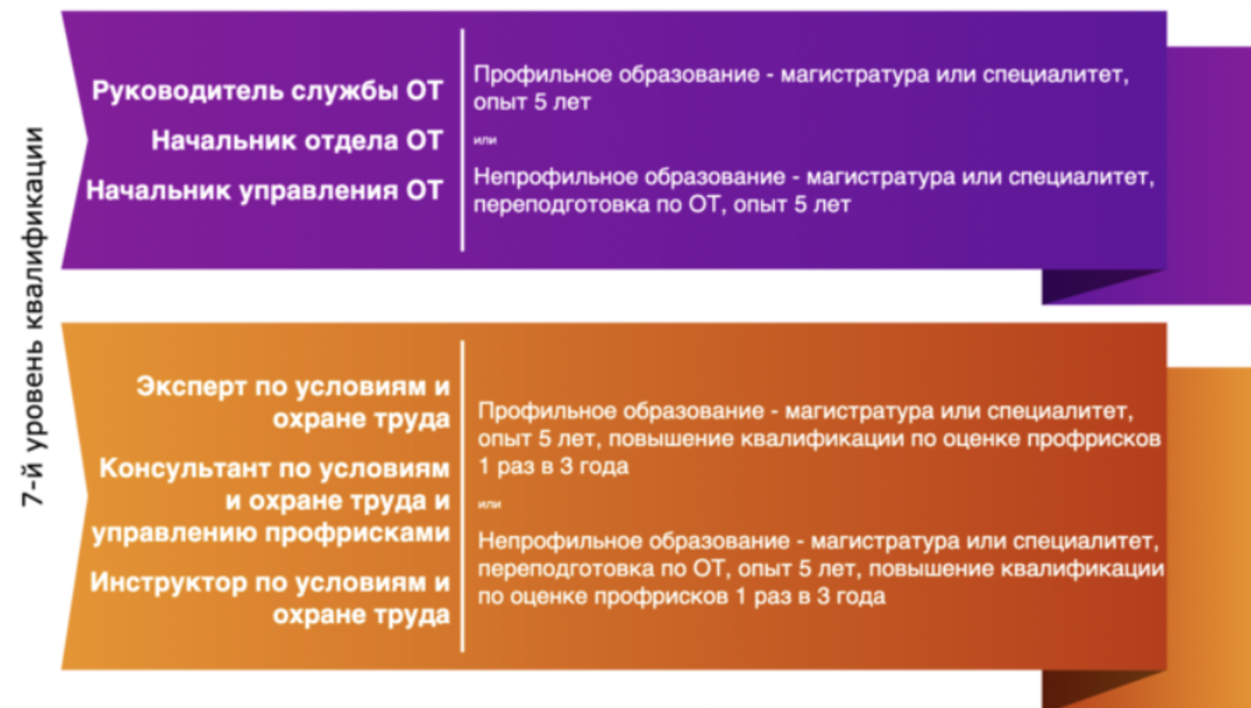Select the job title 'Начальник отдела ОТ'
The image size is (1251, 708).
click(x=297, y=141)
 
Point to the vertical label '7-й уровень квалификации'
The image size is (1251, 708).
click(x=34, y=317)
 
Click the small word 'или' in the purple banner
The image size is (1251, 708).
click(x=485, y=140)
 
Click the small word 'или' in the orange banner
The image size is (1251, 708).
click(x=489, y=504)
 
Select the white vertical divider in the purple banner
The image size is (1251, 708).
click(x=462, y=140)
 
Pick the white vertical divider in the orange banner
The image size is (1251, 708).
click(x=462, y=496)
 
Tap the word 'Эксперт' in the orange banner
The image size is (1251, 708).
click(x=191, y=387)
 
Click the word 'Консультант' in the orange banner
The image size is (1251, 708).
click(x=185, y=468)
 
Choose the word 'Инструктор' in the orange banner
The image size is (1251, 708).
click(x=168, y=582)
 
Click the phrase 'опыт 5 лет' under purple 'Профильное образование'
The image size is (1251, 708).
click(x=532, y=103)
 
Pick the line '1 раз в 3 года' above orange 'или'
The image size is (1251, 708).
click(x=553, y=466)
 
